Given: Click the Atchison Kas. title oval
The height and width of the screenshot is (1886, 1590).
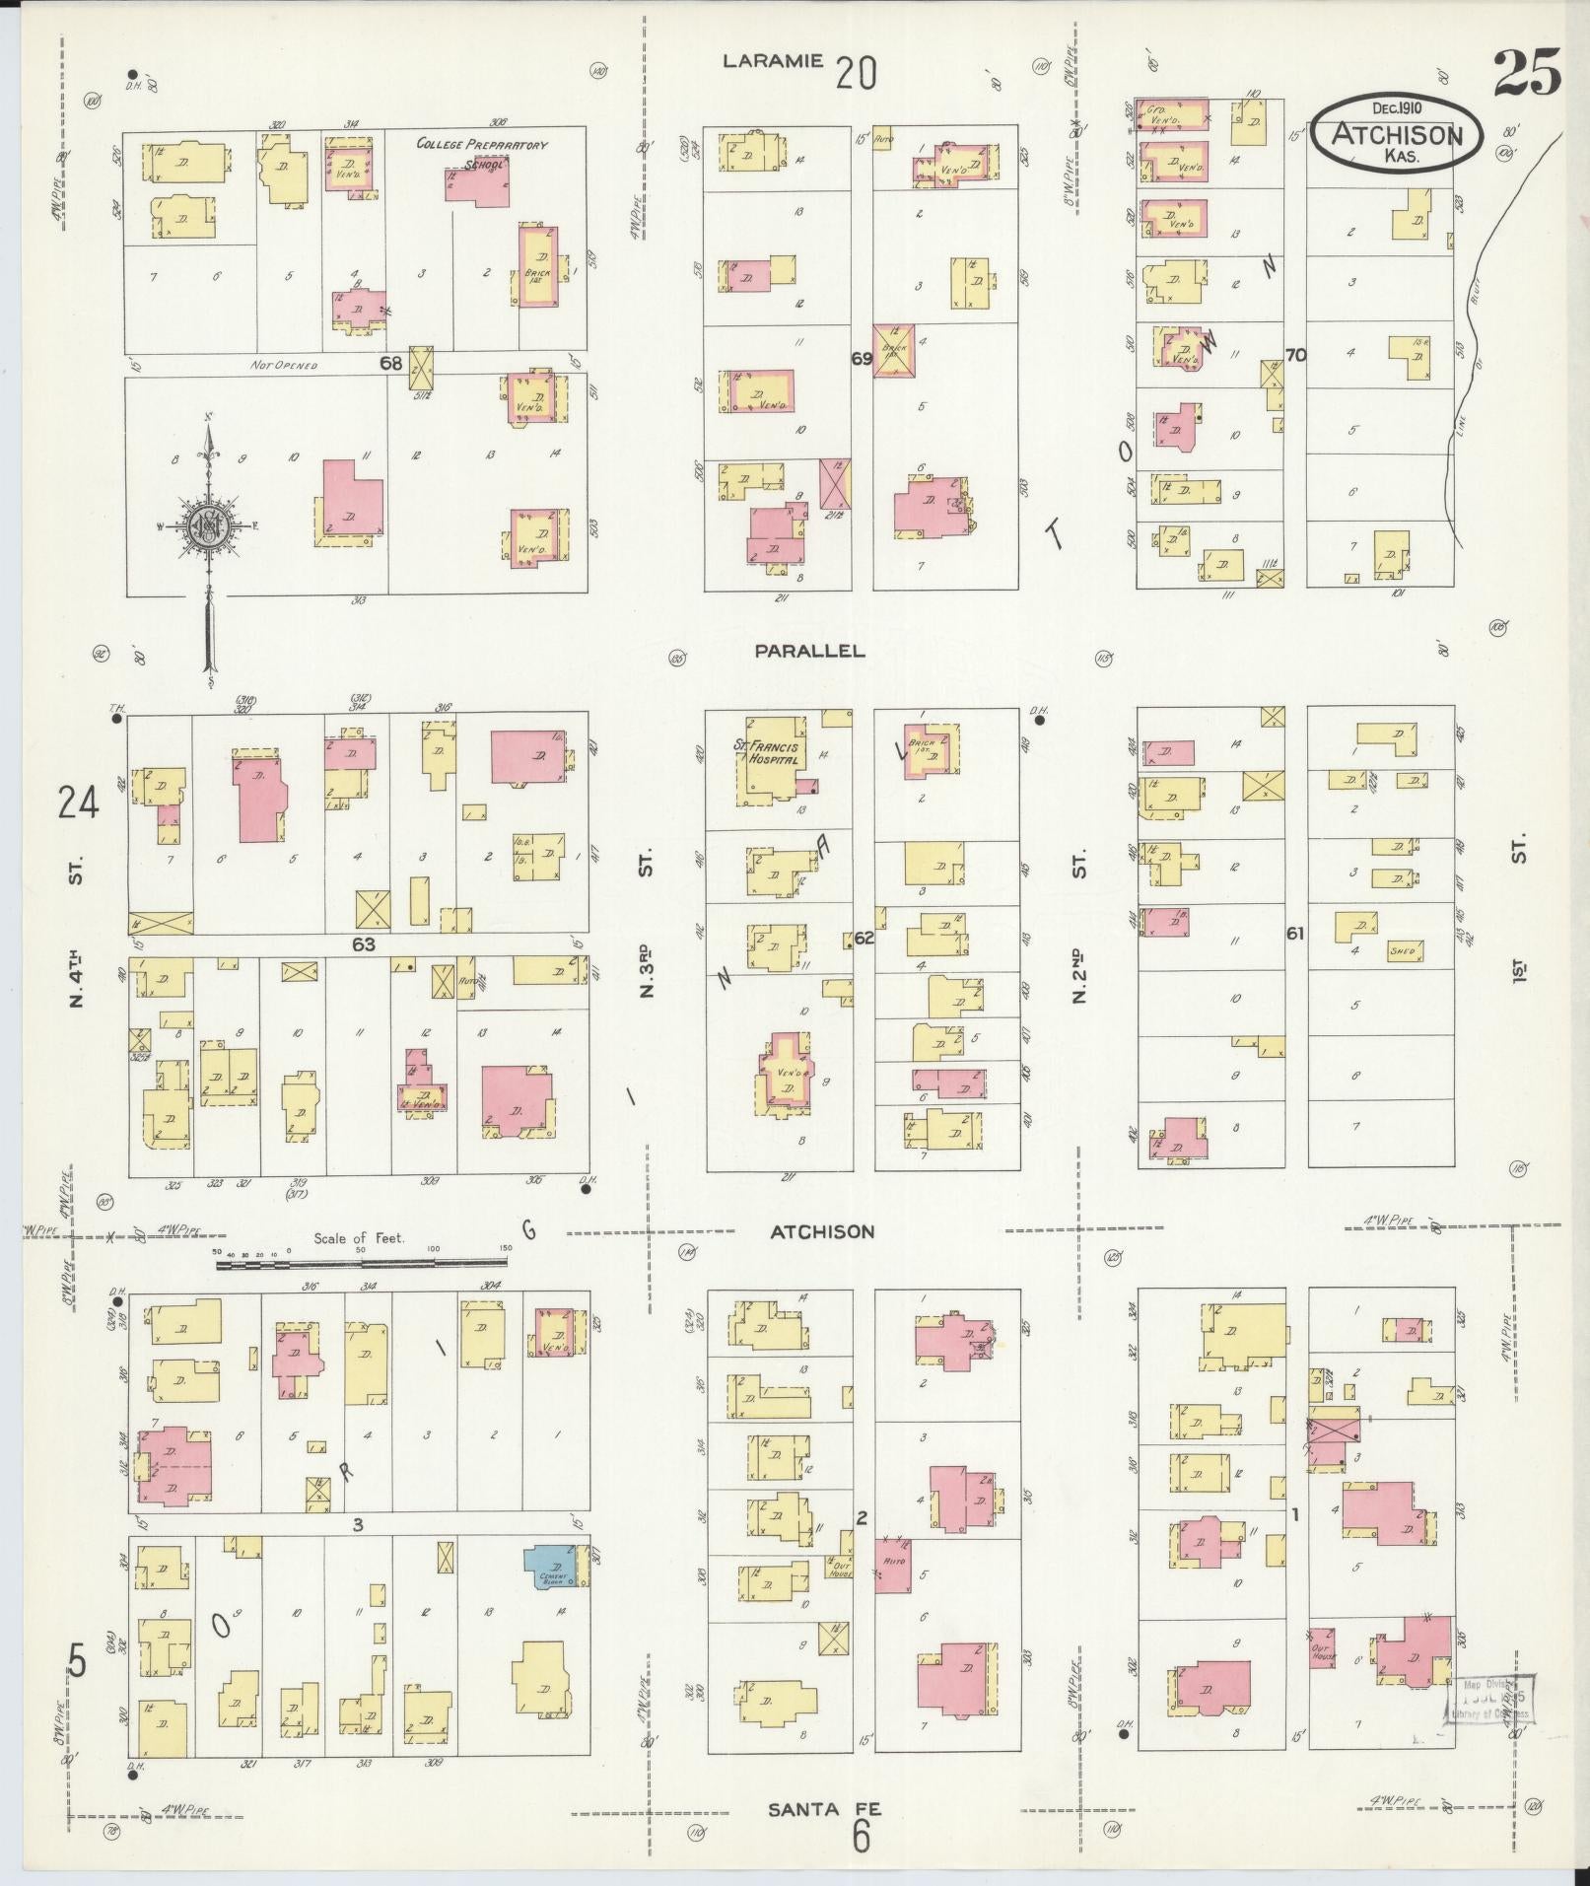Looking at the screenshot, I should point(1395,132).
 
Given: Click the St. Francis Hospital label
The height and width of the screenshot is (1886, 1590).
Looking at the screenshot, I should point(770,753).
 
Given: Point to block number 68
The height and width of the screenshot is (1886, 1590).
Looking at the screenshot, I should point(391,363).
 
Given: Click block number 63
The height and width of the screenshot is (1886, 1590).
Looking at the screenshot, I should point(364,944).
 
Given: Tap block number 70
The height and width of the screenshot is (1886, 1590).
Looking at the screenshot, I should point(1295,355).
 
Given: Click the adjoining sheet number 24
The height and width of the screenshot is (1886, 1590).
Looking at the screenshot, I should point(79,803).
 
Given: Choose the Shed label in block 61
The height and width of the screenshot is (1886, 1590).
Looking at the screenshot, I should point(1402,951).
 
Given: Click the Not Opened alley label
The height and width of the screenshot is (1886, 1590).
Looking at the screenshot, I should point(285,366).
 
